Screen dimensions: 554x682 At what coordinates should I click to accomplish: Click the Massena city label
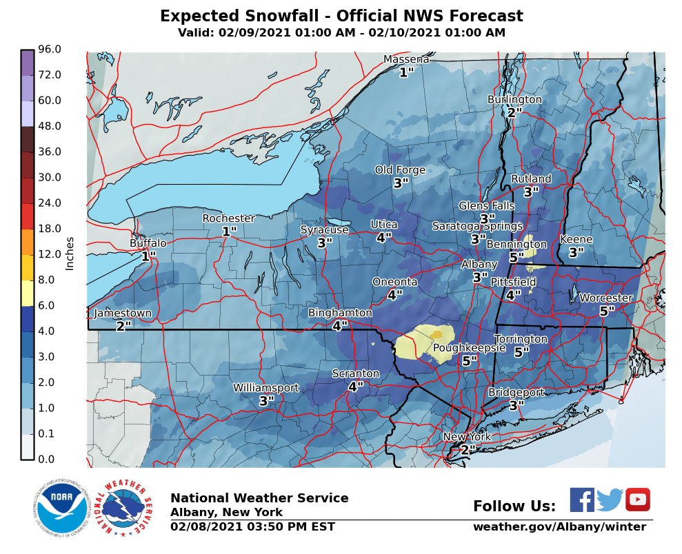pos(406,59)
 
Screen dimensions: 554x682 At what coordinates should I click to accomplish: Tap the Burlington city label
pos(514,100)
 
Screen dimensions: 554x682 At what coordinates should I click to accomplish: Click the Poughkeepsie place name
pos(469,348)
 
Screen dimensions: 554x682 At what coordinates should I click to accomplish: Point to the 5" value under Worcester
pos(607,311)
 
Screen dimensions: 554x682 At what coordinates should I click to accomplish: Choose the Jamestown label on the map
pos(122,314)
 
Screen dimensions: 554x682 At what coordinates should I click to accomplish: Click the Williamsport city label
pos(265,388)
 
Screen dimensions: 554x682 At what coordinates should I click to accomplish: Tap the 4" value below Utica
pos(384,238)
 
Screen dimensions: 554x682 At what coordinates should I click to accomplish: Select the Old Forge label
pos(400,170)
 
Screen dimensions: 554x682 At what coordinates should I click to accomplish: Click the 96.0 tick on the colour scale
pos(50,49)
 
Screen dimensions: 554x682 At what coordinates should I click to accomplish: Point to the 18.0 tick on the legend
pos(50,228)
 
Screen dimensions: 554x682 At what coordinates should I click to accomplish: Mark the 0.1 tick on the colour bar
pos(50,433)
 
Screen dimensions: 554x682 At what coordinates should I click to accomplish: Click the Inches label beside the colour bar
pos(70,254)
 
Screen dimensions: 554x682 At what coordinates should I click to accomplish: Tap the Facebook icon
pos(582,500)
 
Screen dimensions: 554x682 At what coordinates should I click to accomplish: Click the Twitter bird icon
pos(610,500)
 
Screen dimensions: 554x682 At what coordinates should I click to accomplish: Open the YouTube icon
pos(638,500)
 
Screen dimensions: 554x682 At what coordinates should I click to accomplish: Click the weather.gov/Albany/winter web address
pos(559,527)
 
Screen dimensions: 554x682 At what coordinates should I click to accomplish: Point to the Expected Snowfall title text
pos(341,17)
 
